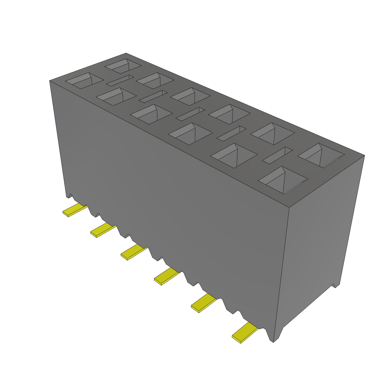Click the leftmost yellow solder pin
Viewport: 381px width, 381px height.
pos(74,211)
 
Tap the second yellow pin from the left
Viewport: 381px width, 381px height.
pos(102,230)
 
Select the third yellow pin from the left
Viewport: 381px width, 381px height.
pos(133,253)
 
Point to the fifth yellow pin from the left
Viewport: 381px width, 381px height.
pos(203,302)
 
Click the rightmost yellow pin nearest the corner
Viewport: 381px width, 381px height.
pos(244,332)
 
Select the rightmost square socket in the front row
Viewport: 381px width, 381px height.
pos(283,180)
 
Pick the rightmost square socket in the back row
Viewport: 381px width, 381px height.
pos(321,155)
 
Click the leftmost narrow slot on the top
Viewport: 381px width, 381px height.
pos(119,80)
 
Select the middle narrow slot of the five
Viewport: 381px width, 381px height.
pos(190,114)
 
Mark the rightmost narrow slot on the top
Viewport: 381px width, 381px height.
pos(278,155)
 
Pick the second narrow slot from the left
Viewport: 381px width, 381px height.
pos(153,96)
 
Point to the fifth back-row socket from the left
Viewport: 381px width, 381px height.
pos(273,134)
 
